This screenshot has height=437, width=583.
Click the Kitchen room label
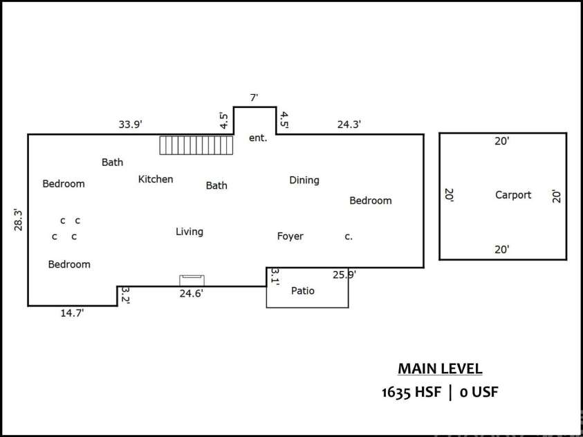click(x=156, y=179)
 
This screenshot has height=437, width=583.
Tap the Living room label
click(x=189, y=232)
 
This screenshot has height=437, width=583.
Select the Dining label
click(x=304, y=180)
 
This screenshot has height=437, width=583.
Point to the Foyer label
click(x=290, y=236)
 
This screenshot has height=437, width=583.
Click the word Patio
click(x=302, y=291)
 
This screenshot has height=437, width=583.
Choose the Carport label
click(x=512, y=195)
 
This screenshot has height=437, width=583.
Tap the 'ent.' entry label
click(x=257, y=138)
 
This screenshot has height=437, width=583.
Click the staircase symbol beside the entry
click(x=196, y=145)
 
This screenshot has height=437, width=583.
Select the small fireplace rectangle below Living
click(x=192, y=280)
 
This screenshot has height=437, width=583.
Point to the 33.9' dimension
click(x=130, y=124)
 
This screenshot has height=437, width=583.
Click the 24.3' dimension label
click(x=349, y=124)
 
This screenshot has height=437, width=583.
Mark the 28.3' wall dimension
click(x=19, y=219)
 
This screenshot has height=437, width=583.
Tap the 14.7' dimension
click(x=73, y=313)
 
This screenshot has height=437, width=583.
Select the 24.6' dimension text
click(x=191, y=293)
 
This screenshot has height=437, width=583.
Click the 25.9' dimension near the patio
click(x=344, y=275)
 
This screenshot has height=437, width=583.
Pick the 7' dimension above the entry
click(x=254, y=98)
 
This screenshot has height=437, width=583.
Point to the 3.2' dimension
click(x=126, y=295)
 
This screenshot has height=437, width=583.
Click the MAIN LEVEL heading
click(x=440, y=369)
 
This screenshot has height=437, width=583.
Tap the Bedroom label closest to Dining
click(x=370, y=201)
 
